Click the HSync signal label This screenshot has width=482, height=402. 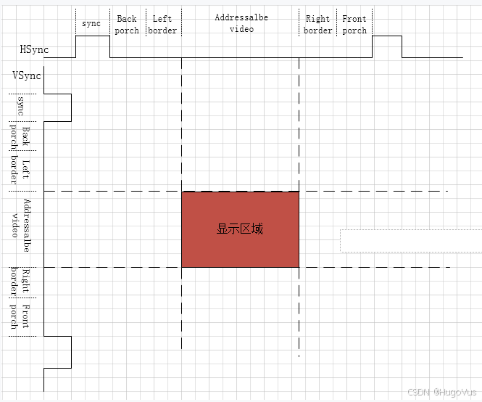(34, 49)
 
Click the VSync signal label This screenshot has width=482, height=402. (27, 75)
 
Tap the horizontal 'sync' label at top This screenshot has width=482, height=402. (91, 23)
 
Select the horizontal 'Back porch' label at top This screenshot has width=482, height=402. (127, 25)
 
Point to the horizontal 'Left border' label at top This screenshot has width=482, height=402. (162, 25)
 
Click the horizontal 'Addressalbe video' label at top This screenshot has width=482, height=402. (241, 23)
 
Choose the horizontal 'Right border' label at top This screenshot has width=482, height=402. (318, 25)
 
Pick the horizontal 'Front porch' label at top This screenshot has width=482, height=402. (354, 25)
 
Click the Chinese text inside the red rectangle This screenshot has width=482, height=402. (240, 229)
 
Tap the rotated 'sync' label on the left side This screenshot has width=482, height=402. (20, 106)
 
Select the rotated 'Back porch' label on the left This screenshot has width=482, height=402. (20, 137)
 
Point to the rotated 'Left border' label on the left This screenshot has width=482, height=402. (20, 170)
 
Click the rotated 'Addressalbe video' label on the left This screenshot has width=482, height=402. (21, 226)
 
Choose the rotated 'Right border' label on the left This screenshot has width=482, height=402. (20, 282)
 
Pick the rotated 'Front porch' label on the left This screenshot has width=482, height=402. (20, 316)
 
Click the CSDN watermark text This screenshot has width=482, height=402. (441, 392)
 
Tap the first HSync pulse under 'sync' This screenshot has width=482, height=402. (93, 36)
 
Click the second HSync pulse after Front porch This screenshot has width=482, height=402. (387, 36)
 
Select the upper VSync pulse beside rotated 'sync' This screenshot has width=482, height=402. (71, 107)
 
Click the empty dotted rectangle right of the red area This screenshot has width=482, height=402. (411, 241)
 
